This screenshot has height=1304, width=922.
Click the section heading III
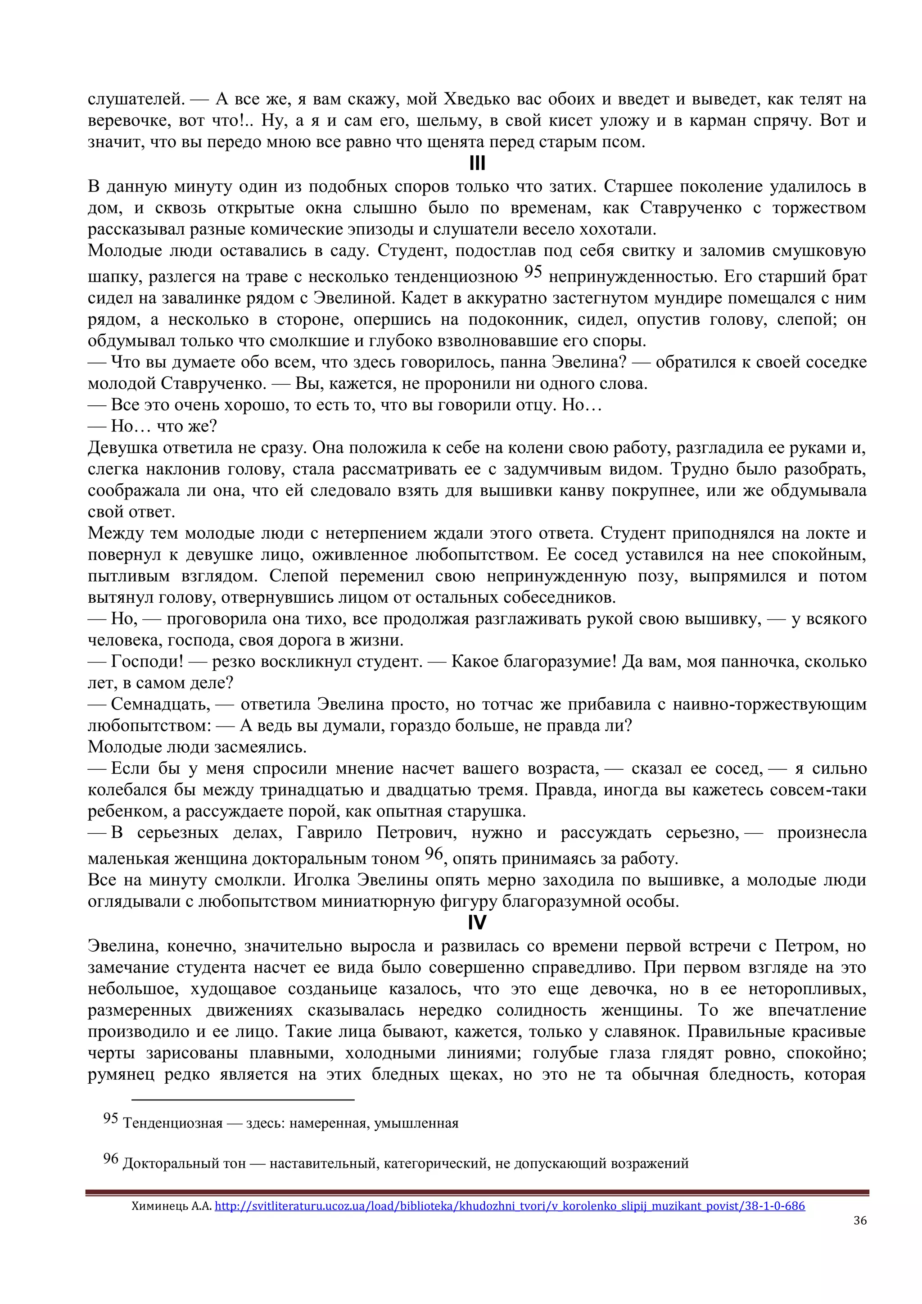click(x=477, y=164)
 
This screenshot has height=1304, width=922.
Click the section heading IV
click(x=477, y=923)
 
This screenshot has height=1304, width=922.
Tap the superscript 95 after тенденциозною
click(x=533, y=272)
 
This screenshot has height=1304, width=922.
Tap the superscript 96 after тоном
click(x=433, y=854)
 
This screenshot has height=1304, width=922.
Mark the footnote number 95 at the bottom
click(x=110, y=1119)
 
